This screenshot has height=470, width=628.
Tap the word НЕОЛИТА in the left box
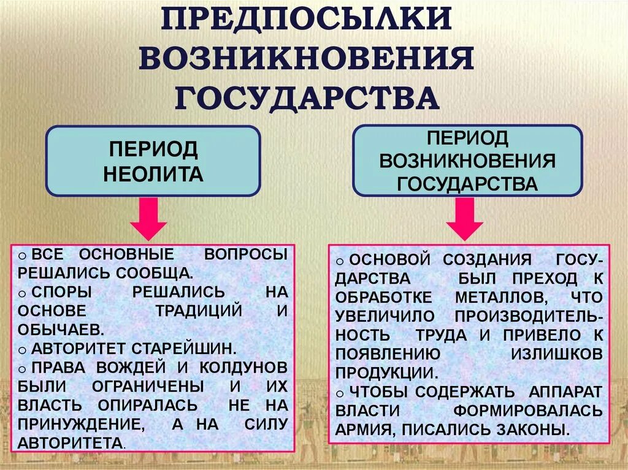click(153, 175)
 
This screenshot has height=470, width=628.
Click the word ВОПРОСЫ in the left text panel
click(245, 255)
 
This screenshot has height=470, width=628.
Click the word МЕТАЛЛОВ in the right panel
click(497, 297)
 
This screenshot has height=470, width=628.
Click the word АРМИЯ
click(364, 430)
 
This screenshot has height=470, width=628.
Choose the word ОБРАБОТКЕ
click(383, 297)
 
